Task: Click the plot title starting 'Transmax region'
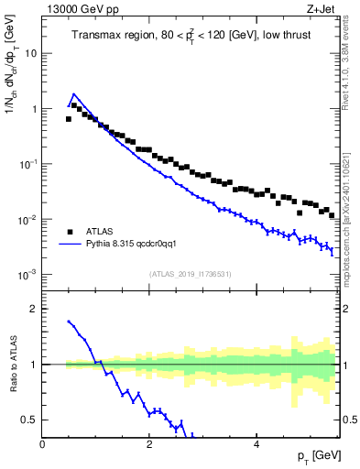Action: point(190,36)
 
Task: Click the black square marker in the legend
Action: point(69,232)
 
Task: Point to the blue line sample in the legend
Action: point(69,245)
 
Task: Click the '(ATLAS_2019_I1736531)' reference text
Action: point(190,274)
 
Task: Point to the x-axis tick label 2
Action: point(149,444)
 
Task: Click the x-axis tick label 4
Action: point(256,444)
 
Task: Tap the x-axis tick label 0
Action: point(43,444)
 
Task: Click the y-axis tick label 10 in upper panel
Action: point(30,53)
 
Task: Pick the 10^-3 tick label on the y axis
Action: point(27,275)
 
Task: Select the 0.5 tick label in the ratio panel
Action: point(28,420)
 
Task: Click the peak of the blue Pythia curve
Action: point(73,93)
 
